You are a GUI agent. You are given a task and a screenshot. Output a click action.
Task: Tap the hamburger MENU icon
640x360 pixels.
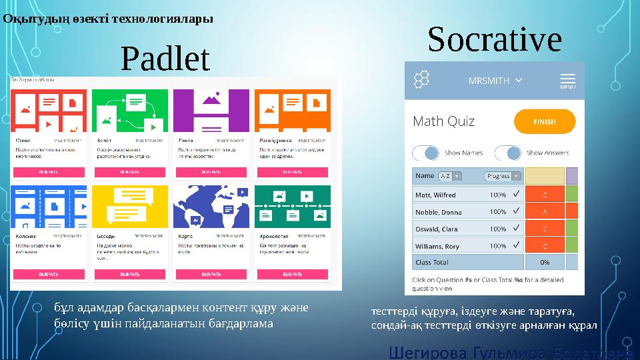click(x=567, y=81)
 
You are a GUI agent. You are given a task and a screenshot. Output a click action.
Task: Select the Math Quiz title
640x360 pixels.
click(x=444, y=121)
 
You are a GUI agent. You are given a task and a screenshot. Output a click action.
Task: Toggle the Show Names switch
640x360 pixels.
click(x=427, y=153)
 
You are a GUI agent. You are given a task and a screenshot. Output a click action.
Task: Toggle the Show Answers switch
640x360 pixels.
click(x=508, y=153)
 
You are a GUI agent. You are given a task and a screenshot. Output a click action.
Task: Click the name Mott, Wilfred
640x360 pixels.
click(x=435, y=195)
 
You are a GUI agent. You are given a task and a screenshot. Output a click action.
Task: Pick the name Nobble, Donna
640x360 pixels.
click(x=438, y=211)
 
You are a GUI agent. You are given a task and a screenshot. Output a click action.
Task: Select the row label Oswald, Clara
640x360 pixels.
click(x=437, y=229)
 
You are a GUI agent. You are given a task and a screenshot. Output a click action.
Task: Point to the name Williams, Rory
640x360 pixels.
click(x=437, y=246)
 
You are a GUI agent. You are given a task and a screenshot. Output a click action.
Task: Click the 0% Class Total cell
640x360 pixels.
click(x=544, y=262)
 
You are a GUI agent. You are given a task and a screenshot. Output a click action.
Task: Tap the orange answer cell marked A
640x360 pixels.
click(x=545, y=211)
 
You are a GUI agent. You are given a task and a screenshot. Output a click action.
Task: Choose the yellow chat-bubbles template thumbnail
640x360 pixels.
click(x=130, y=207)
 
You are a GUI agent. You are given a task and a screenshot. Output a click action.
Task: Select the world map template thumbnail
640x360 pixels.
click(x=211, y=207)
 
